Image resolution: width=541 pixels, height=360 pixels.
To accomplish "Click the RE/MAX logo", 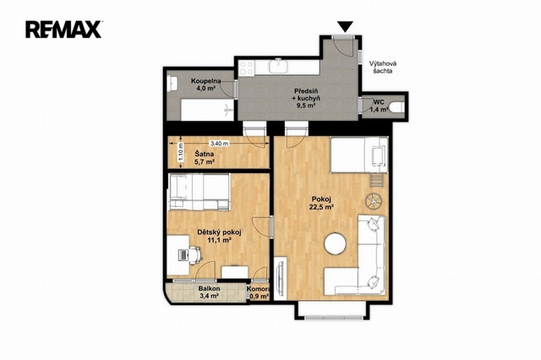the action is [63, 30].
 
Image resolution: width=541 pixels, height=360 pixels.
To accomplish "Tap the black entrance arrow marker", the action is [345, 26].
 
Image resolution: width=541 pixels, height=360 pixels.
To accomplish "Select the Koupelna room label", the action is [206, 81].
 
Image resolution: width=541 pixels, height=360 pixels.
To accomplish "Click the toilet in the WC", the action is [398, 107].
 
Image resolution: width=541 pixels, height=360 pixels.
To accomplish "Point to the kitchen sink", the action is [278, 66].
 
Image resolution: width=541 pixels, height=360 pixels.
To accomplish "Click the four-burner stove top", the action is [247, 68].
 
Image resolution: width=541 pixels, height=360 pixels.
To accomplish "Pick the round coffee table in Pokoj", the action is [335, 243].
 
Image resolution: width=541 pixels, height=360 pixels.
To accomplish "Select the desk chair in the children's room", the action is [194, 255].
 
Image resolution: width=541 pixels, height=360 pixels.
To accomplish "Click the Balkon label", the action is [209, 289].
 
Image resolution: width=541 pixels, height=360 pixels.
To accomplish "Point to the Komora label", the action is [258, 289].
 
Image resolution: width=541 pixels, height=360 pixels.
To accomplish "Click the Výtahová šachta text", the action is [383, 68].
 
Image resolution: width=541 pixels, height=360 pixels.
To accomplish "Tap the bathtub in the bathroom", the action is [207, 110].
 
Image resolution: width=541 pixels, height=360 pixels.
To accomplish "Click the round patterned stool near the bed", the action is [374, 201].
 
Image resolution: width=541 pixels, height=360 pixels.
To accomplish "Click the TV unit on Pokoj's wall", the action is [281, 277].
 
